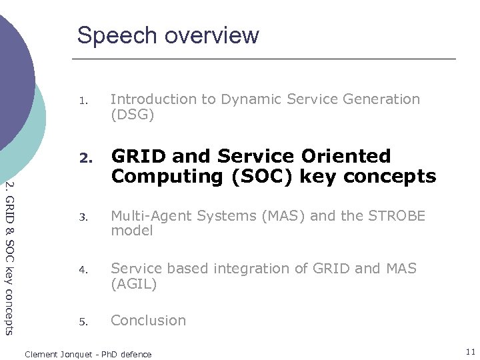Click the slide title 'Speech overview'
[168, 35]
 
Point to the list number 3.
[83, 218]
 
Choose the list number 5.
[83, 323]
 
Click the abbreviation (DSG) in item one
[132, 115]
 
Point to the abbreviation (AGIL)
[134, 285]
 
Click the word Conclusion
[148, 321]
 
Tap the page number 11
[470, 351]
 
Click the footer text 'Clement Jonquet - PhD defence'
[88, 354]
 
